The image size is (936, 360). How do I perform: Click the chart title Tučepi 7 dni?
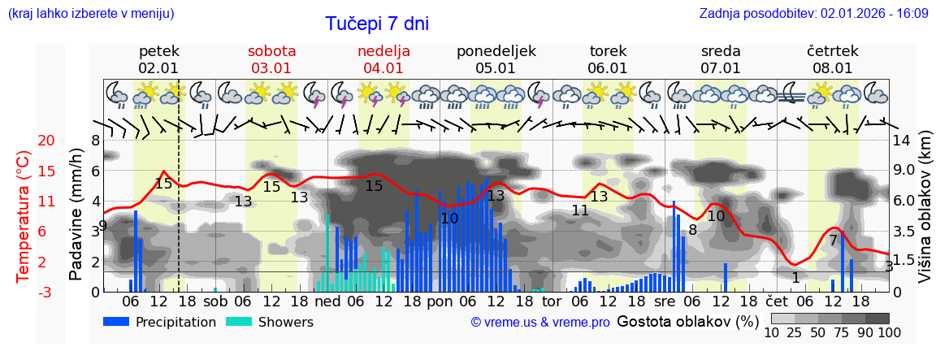point(377,24)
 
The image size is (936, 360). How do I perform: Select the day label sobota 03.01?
point(271,59)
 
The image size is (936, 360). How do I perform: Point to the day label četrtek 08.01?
point(833,59)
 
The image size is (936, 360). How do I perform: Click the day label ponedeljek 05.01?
point(496,59)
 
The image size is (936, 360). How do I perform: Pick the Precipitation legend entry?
point(160,322)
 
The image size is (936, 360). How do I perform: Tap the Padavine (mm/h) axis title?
point(76,214)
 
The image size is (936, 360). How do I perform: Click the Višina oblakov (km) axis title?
point(925,215)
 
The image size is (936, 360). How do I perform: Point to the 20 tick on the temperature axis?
point(46,141)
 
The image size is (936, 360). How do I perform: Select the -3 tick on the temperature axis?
point(46,293)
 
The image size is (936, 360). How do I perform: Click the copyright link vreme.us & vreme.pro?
point(540,323)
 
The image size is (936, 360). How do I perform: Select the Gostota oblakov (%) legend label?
point(686,321)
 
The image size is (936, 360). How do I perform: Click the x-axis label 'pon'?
point(440,301)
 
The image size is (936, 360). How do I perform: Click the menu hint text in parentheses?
point(90,13)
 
